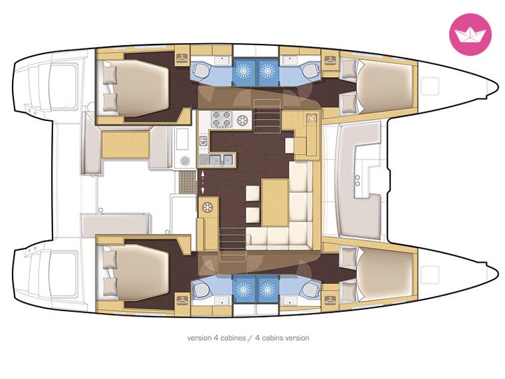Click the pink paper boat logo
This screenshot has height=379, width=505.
click(x=470, y=34)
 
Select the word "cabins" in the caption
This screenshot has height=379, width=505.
click(x=274, y=338)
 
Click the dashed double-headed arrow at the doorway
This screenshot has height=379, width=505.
click(x=203, y=183)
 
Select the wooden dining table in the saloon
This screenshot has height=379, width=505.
click(x=274, y=203)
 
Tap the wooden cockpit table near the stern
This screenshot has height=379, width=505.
click(x=126, y=144)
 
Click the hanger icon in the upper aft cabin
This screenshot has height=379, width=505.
click(x=182, y=59)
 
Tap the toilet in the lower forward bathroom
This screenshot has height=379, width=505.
click(x=310, y=289)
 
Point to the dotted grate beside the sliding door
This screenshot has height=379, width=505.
click(x=187, y=182)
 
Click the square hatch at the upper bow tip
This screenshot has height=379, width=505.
click(x=430, y=86)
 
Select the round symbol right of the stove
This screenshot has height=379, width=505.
click(x=242, y=120)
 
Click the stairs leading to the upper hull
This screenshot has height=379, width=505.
click(x=267, y=116)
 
